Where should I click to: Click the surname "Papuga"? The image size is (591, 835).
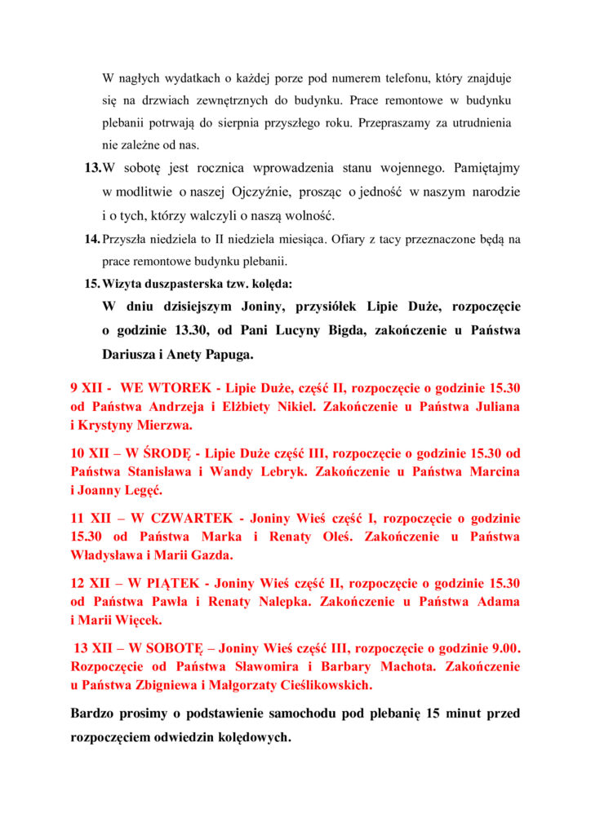224,355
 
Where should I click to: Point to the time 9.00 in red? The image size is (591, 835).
503,649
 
